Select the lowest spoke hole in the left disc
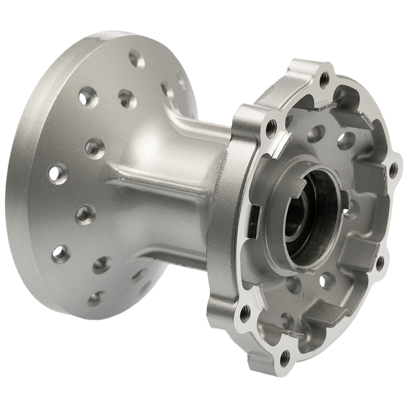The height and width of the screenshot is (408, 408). (x=95, y=298)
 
